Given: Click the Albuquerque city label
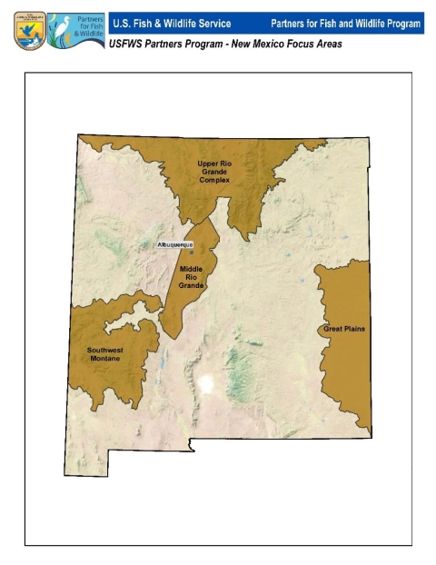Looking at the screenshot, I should [175, 245].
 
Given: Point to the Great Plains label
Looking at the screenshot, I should [344, 329].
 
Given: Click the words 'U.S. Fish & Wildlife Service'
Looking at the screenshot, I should [171, 22].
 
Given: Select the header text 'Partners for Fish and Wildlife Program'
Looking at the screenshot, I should [346, 22].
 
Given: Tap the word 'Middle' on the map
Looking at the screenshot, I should [191, 269].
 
